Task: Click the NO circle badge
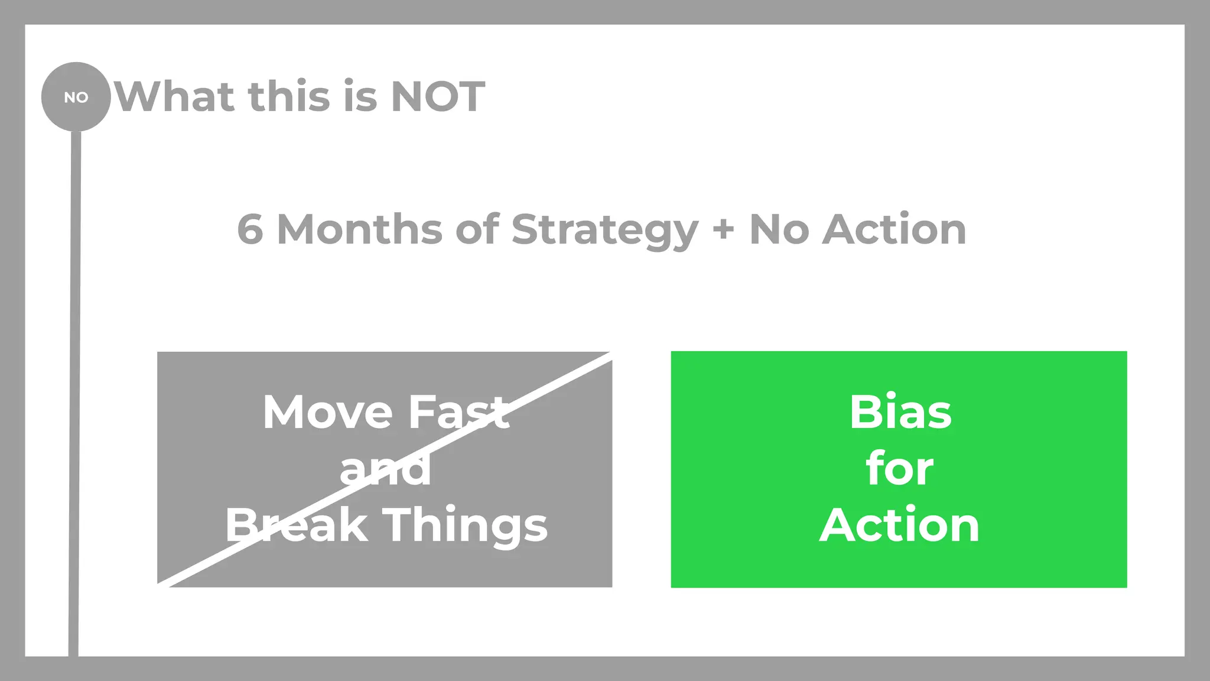(76, 97)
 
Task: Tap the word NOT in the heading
(438, 97)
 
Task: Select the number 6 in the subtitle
(250, 230)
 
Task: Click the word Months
(359, 230)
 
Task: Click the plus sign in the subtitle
(723, 230)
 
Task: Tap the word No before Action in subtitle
(779, 230)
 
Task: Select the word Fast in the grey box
(458, 412)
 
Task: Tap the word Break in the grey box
(295, 525)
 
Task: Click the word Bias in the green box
(900, 412)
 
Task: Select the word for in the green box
(899, 469)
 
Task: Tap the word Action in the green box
(899, 525)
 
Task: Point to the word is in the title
(359, 97)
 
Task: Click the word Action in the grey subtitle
(895, 230)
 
